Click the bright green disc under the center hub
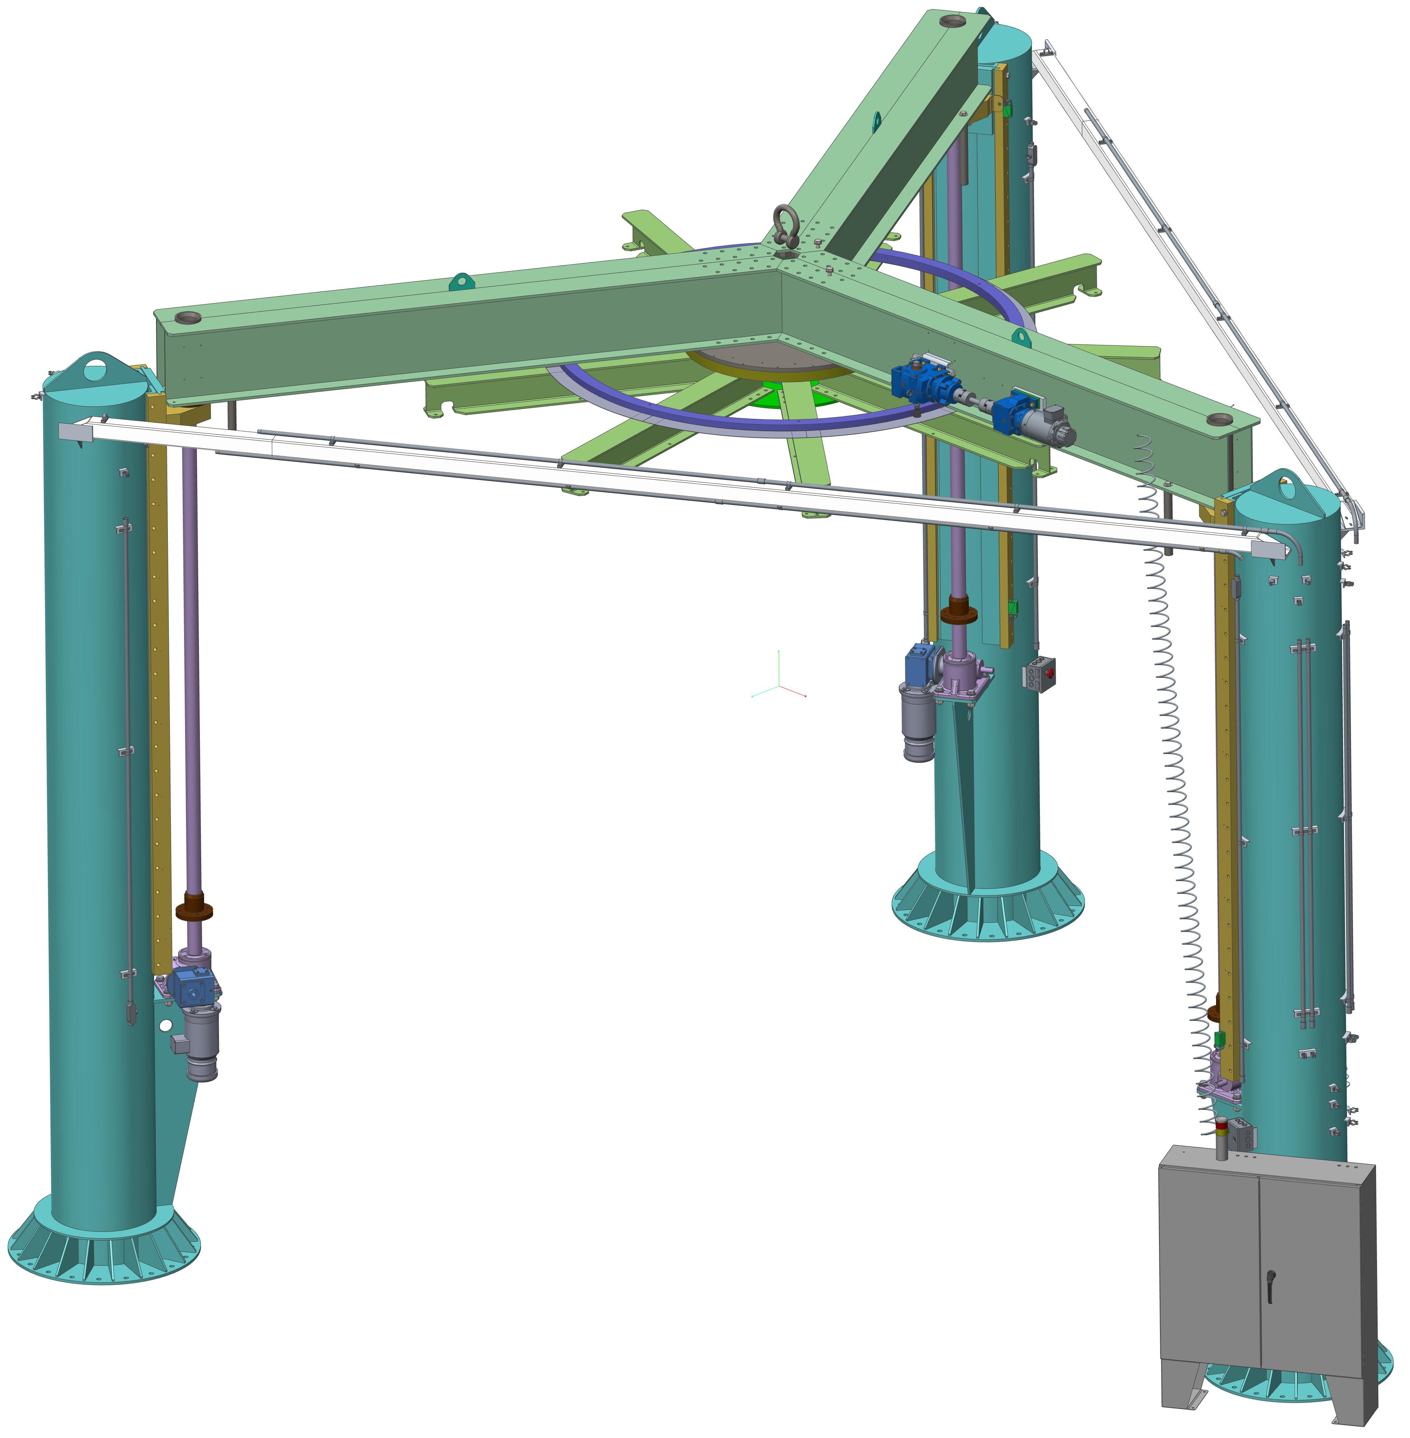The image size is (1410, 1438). point(785,396)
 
